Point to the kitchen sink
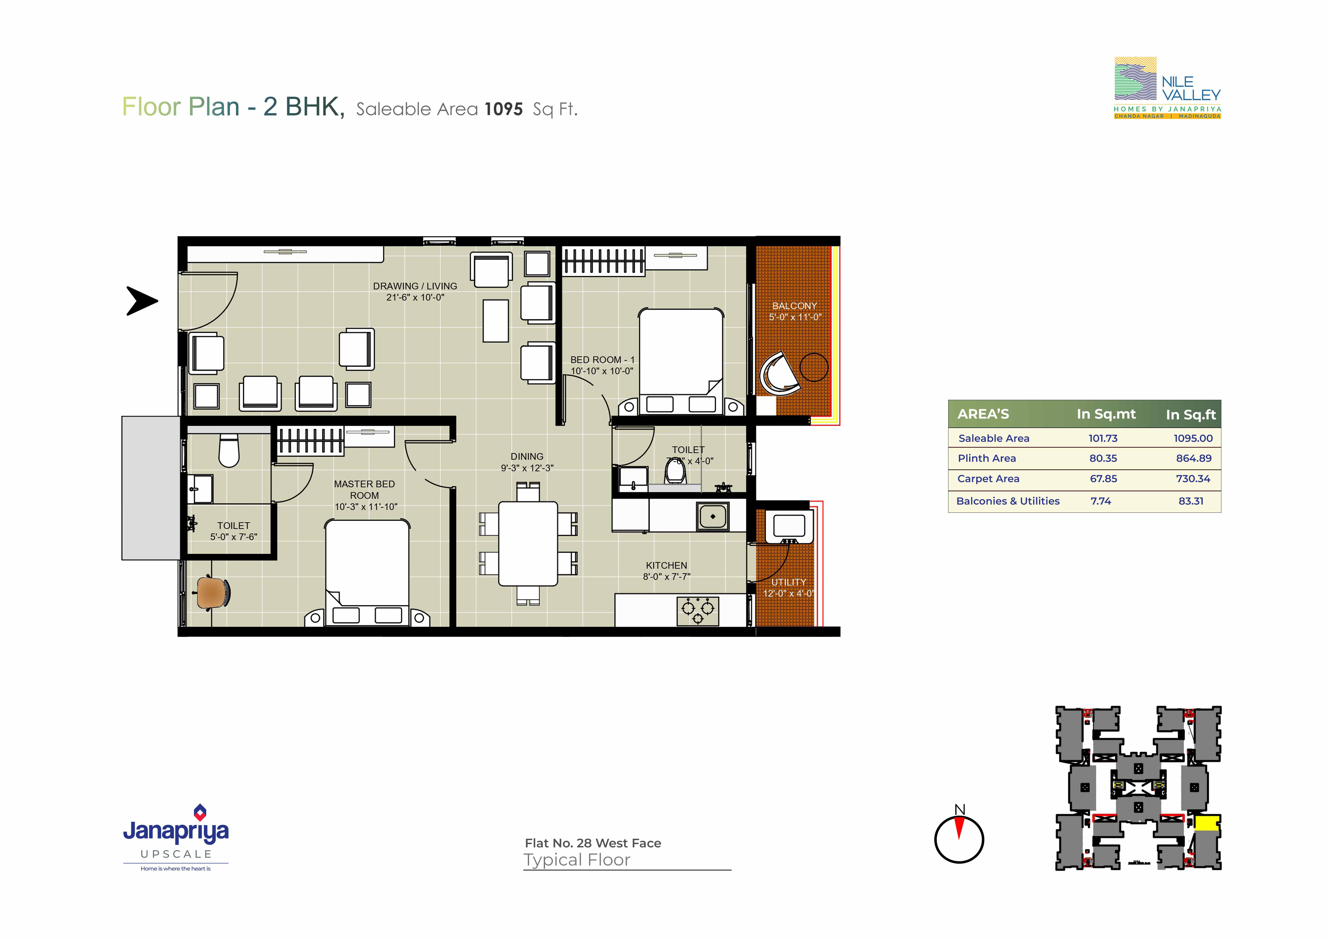tap(713, 516)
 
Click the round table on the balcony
tap(814, 367)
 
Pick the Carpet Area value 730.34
tap(1193, 479)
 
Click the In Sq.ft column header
tap(1191, 415)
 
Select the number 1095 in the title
tap(504, 109)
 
